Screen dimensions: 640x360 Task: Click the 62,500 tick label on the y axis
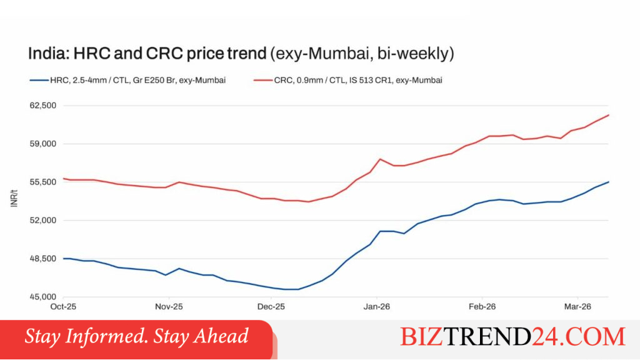point(43,105)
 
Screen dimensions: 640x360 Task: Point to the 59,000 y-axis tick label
point(43,144)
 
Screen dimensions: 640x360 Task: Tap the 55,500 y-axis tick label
point(43,182)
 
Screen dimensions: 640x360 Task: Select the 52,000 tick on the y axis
point(43,221)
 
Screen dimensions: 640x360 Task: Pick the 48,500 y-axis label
point(43,259)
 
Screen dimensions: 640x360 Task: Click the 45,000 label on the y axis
point(43,297)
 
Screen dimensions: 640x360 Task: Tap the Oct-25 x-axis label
point(63,306)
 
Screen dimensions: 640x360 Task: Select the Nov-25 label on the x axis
point(169,306)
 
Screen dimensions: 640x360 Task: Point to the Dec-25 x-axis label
point(271,306)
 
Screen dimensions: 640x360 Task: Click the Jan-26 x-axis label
point(377,306)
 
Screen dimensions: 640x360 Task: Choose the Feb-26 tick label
point(482,306)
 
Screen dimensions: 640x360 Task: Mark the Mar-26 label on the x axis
point(577,306)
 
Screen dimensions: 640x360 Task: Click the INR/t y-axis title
point(14,198)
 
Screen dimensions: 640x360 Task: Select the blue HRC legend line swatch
point(39,81)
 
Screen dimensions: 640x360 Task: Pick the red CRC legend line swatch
point(263,81)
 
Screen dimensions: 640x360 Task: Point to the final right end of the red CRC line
point(609,115)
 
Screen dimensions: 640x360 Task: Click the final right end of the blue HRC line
point(609,182)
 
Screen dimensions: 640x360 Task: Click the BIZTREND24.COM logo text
point(512,337)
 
